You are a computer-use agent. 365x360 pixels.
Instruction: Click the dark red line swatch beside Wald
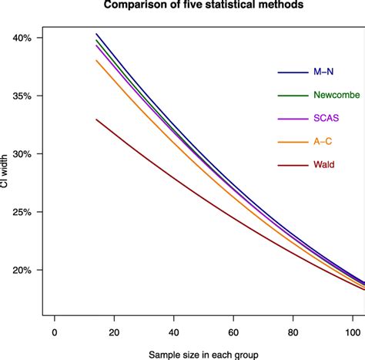point(292,164)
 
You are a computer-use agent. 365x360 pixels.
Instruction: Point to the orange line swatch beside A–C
point(292,141)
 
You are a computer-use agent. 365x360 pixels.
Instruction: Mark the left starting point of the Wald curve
point(96,119)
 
